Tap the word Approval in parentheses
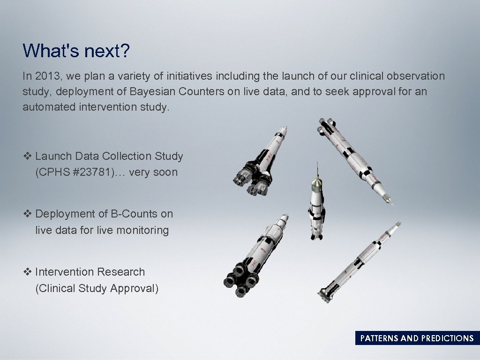pos(134,288)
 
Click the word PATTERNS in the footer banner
pos(379,338)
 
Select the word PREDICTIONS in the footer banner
pos(447,338)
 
